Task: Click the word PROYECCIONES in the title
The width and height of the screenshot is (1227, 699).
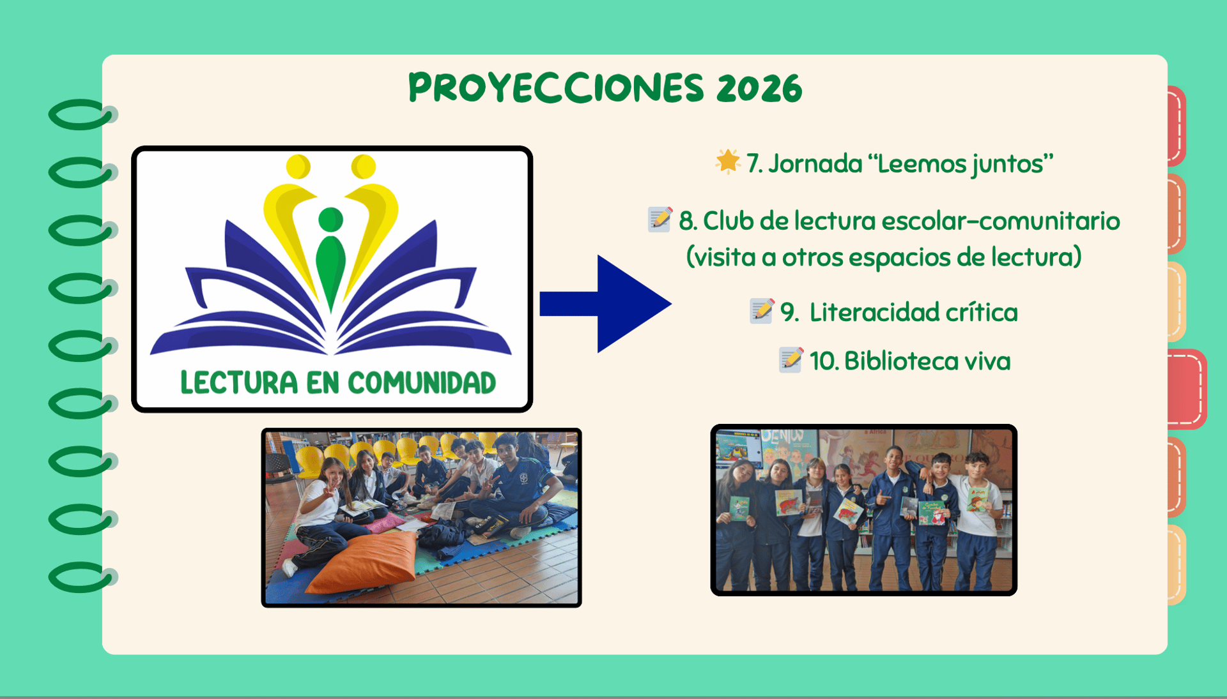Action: tap(555, 87)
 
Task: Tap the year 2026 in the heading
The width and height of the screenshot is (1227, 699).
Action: tap(759, 88)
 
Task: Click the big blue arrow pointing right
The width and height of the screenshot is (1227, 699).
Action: tap(605, 304)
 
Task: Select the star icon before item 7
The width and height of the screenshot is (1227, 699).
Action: tap(727, 162)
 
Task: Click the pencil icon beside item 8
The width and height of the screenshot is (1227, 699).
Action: tap(660, 219)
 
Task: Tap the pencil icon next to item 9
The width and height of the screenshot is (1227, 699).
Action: tap(762, 311)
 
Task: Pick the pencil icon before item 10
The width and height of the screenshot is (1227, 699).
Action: tap(791, 359)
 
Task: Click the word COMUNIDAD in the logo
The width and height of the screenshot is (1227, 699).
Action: tap(422, 382)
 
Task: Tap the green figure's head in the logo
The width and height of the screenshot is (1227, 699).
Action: tap(330, 220)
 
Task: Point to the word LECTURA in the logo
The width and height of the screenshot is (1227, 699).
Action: tap(239, 382)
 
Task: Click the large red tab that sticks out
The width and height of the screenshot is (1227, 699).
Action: tap(1187, 389)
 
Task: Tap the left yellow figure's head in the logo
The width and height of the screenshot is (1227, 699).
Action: tap(298, 167)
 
